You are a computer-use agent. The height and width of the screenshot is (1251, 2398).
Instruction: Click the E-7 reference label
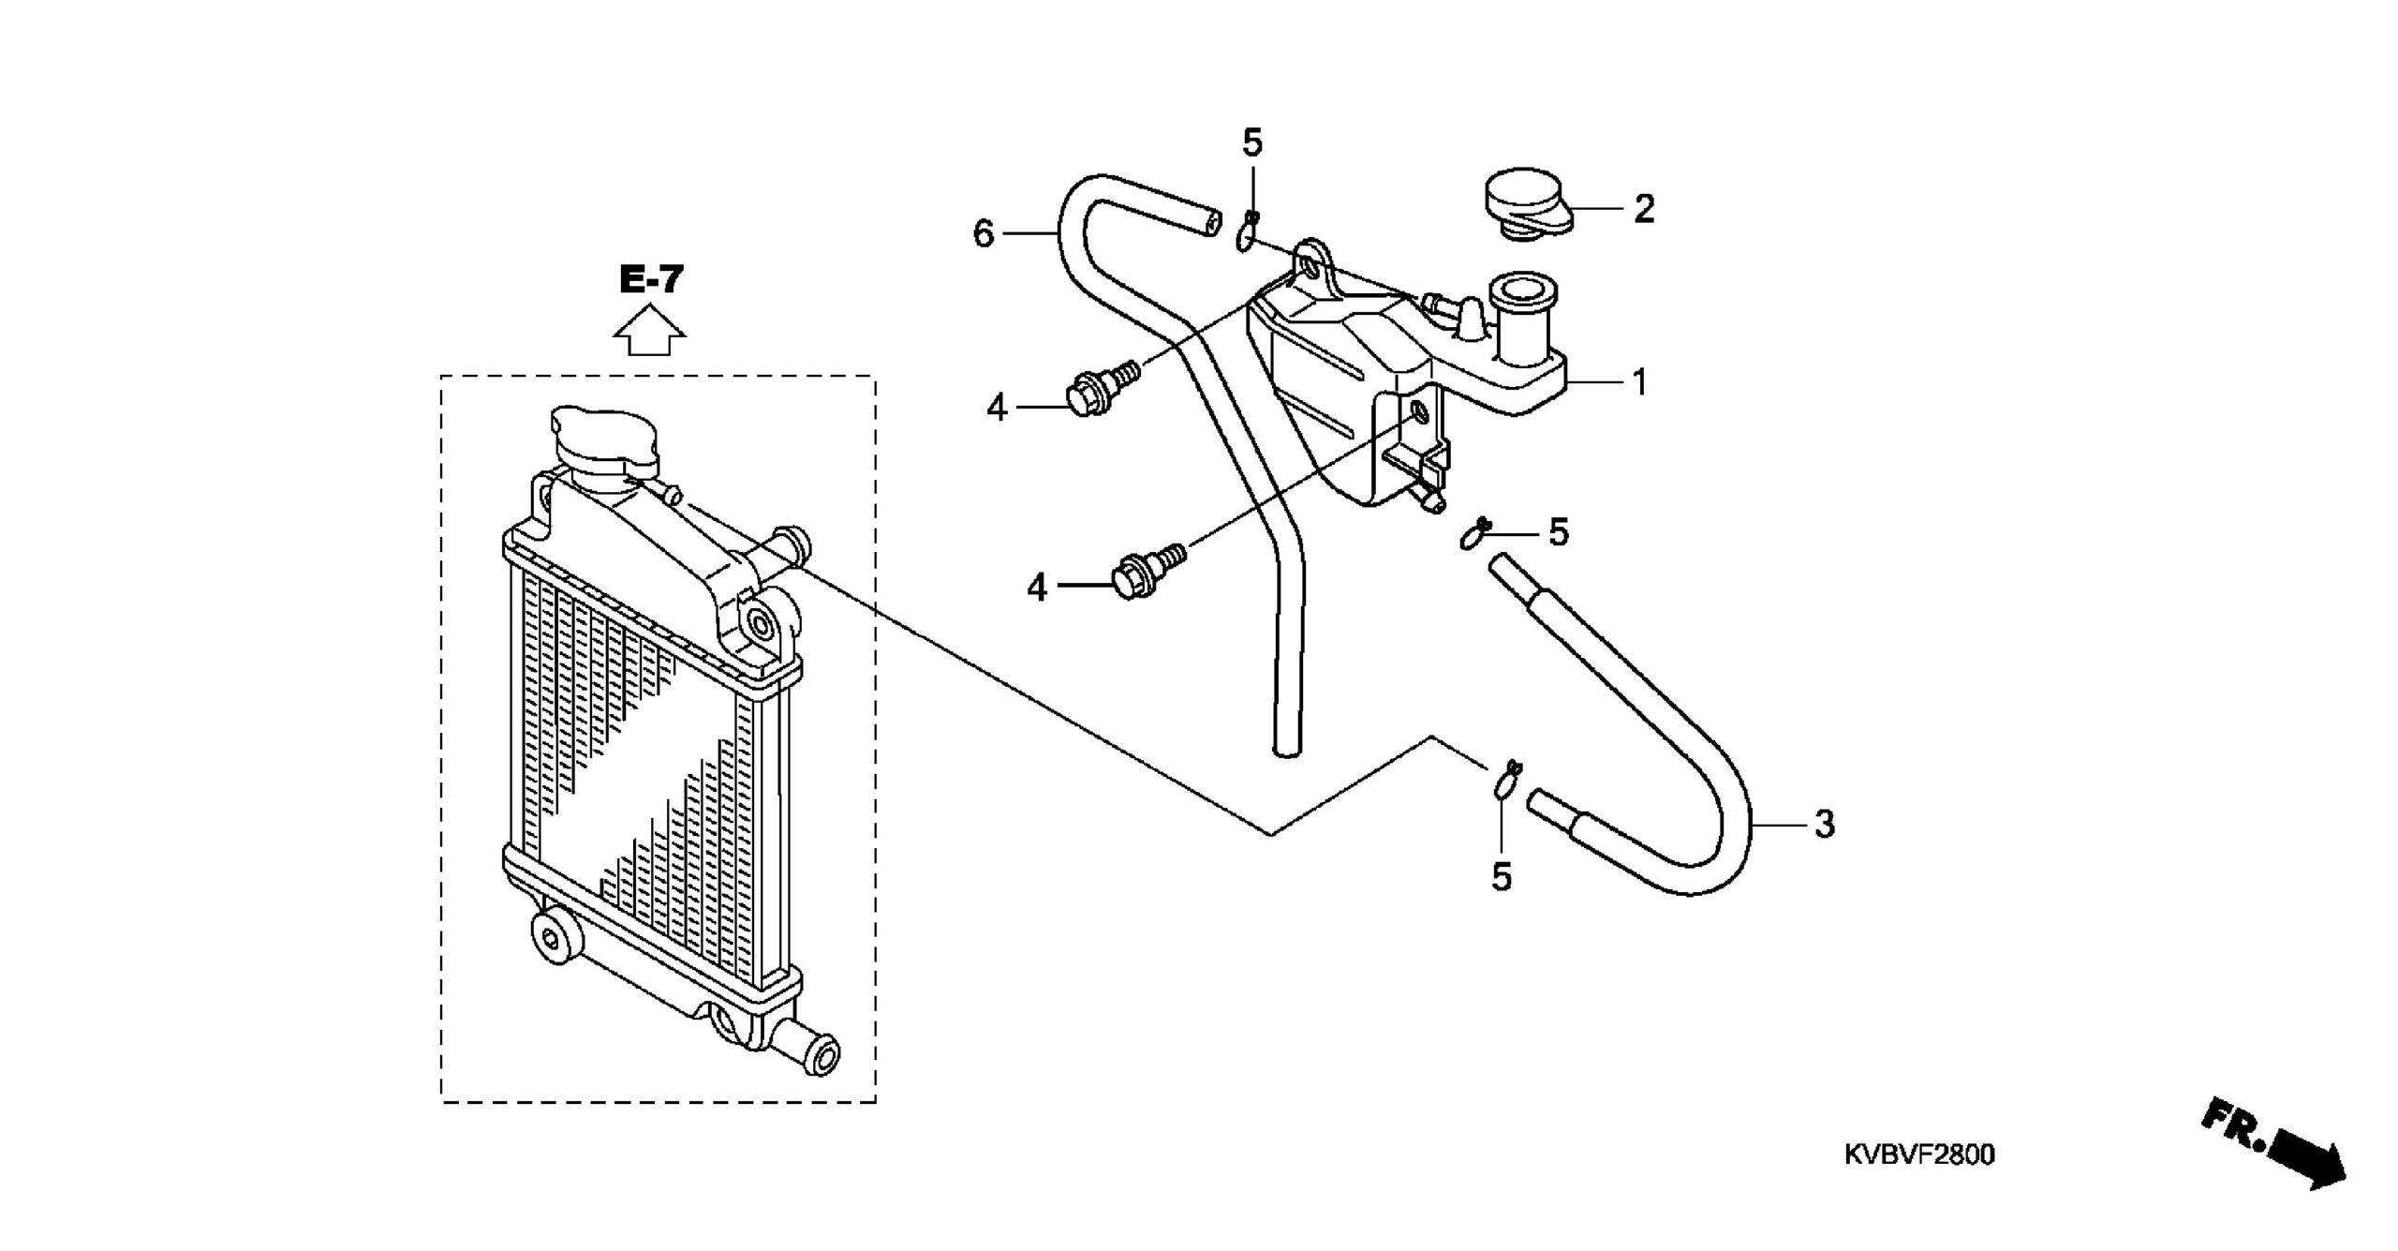pyautogui.click(x=651, y=279)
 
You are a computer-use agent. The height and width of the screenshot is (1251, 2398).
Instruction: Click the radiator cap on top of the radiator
pyautogui.click(x=605, y=443)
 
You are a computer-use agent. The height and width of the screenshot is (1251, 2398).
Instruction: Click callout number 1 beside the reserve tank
pyautogui.click(x=1639, y=382)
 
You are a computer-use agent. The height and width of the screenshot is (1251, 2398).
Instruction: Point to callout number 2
pyautogui.click(x=1644, y=209)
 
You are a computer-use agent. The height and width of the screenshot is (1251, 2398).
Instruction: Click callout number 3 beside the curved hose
pyautogui.click(x=1824, y=826)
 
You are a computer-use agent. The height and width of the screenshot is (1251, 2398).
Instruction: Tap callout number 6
pyautogui.click(x=983, y=233)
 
